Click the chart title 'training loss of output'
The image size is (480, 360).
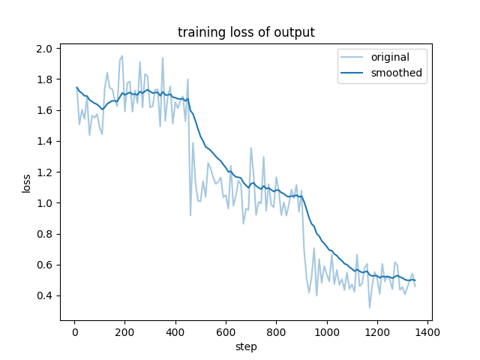246,32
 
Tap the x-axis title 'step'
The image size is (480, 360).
246,346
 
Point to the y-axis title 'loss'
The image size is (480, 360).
26,182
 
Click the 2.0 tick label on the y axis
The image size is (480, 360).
44,49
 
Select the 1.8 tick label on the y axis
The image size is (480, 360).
44,79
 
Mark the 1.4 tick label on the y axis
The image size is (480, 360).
44,141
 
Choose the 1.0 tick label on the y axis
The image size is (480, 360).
44,203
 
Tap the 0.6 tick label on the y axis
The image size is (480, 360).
44,265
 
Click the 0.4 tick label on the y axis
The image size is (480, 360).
44,295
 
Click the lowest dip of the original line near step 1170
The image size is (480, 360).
370,307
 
